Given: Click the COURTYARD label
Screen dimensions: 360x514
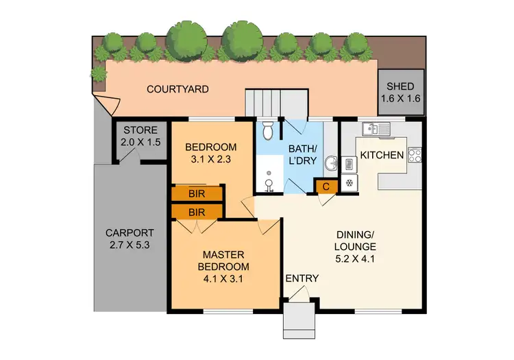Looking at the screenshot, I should [x=178, y=89].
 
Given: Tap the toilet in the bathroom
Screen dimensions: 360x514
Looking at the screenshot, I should [x=268, y=129].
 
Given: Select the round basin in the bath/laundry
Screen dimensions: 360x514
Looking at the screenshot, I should [x=330, y=164].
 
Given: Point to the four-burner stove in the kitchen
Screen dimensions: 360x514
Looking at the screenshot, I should [x=415, y=155].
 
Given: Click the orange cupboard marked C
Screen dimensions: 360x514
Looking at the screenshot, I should [x=326, y=185].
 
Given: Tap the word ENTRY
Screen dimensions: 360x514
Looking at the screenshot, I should [x=302, y=278].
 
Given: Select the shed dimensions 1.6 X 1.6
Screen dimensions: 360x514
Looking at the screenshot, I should [x=400, y=99].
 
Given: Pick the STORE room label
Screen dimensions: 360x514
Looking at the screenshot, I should [x=140, y=130].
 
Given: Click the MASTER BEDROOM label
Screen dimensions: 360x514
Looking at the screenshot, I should [x=223, y=261].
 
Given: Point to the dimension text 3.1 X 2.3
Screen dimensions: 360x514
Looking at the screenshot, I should [x=212, y=160].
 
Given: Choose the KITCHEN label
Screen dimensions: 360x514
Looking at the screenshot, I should [x=382, y=155].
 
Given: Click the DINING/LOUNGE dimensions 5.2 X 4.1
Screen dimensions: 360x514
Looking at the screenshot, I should [x=355, y=259].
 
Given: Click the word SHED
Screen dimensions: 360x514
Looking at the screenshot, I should [x=400, y=86].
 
